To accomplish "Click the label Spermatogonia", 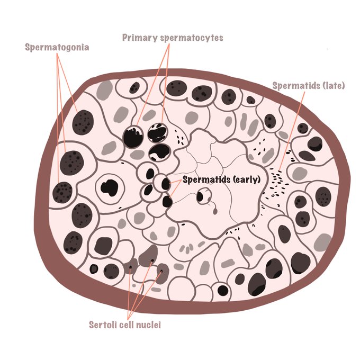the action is [x=57, y=47].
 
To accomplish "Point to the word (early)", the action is [x=246, y=179].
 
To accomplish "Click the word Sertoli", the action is [x=108, y=324].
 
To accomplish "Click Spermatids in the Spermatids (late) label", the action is [x=294, y=85].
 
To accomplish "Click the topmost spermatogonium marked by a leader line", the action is [x=83, y=122].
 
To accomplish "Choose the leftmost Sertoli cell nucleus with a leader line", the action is [x=131, y=263].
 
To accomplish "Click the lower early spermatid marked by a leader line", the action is [x=167, y=201].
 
